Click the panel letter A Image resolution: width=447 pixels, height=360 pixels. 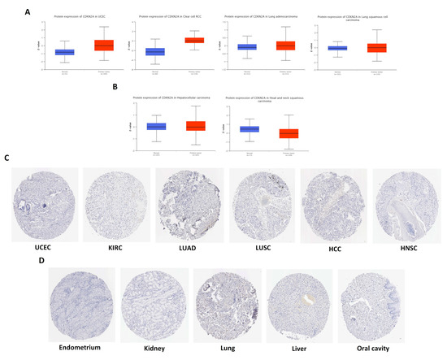point(28,12)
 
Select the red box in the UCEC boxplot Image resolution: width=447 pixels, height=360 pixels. point(103,46)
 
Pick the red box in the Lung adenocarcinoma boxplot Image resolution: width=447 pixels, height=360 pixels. point(284,46)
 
